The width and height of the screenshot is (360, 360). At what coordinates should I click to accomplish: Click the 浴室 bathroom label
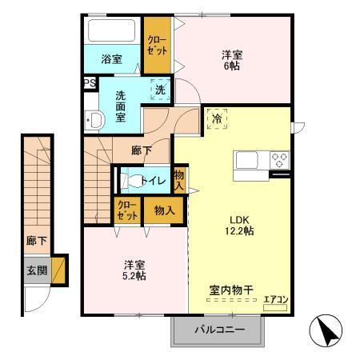pos(111,59)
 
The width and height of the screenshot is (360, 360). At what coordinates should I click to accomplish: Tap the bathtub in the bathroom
pos(113,31)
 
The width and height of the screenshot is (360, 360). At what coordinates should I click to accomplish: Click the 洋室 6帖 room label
pos(232,62)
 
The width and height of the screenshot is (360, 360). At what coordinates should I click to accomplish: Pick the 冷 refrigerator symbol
pos(217,119)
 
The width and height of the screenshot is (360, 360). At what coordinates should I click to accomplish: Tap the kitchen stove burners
pos(279,158)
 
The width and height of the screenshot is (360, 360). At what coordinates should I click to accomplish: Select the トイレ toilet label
pos(153,182)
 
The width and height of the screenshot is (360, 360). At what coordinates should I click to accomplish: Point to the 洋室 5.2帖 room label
pos(134,270)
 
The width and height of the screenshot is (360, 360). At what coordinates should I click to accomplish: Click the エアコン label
pos(274,300)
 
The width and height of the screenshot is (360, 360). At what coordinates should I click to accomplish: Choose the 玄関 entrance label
pos(37,270)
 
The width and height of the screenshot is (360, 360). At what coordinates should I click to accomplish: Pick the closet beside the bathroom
pos(158,46)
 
